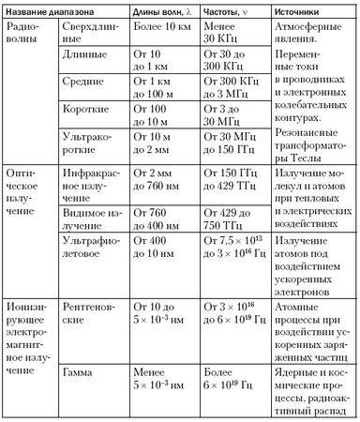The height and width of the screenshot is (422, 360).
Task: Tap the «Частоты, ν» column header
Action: click(232, 11)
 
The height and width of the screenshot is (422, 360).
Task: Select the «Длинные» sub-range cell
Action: click(88, 67)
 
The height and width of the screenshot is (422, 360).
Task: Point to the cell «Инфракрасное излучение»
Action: click(97, 181)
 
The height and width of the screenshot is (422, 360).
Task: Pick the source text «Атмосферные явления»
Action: click(309, 35)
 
